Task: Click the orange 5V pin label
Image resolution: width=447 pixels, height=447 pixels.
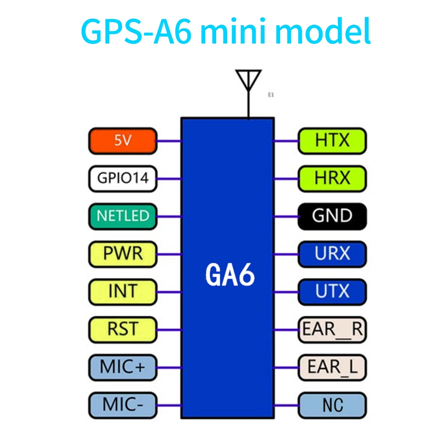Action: coord(123,141)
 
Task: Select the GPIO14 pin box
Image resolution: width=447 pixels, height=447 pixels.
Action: coord(123,178)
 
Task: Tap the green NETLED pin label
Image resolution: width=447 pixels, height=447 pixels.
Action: coord(123,216)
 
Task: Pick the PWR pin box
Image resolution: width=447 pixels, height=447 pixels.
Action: coord(123,254)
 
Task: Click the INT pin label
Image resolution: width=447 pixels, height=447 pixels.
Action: coord(123,292)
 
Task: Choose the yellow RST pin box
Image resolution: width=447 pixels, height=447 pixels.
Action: coord(123,330)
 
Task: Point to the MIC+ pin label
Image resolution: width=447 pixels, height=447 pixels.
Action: coord(123,367)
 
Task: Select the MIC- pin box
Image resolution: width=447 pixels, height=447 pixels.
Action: coord(123,405)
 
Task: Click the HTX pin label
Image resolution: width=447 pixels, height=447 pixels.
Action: coord(332,141)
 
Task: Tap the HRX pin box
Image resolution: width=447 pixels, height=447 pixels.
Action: coord(332,178)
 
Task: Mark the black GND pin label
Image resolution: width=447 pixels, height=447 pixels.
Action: coord(332,216)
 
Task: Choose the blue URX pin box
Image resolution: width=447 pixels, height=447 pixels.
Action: coord(332,254)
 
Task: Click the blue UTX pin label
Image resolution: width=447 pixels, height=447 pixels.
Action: coord(332,292)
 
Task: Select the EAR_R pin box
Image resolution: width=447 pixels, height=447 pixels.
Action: coord(332,330)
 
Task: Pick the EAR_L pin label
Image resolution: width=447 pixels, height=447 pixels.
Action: coord(332,367)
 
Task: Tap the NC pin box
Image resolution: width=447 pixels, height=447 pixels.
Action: coord(332,405)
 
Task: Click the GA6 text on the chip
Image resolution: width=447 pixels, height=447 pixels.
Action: coord(230,275)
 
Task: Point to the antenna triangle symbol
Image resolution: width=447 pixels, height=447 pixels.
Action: coord(248,80)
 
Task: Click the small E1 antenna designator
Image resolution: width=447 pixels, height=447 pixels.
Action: coord(271,95)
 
